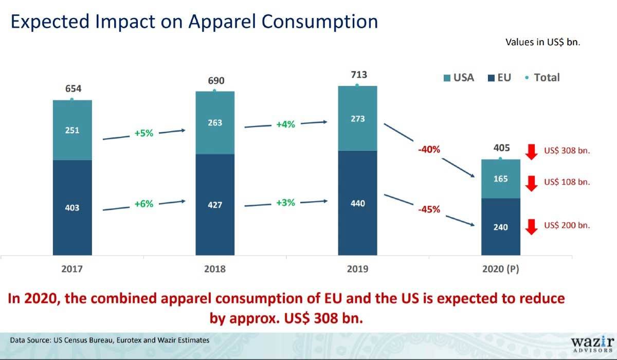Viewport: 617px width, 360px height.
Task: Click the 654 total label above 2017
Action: click(72, 88)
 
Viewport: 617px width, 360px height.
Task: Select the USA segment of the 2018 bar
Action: click(215, 123)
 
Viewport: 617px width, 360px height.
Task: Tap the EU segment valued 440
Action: click(357, 203)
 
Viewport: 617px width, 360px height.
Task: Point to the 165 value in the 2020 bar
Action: click(500, 179)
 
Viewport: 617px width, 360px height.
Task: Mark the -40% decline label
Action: click(428, 150)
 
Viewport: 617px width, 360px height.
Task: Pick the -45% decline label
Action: click(428, 209)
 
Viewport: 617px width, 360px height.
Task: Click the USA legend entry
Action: click(458, 78)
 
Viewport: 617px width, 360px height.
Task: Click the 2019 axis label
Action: click(357, 269)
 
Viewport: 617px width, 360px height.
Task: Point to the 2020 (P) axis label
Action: click(500, 269)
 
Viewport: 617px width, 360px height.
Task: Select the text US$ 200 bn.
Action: click(567, 225)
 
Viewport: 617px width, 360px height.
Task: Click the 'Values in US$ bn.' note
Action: click(543, 42)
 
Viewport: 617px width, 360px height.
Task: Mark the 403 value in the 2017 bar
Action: click(72, 208)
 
